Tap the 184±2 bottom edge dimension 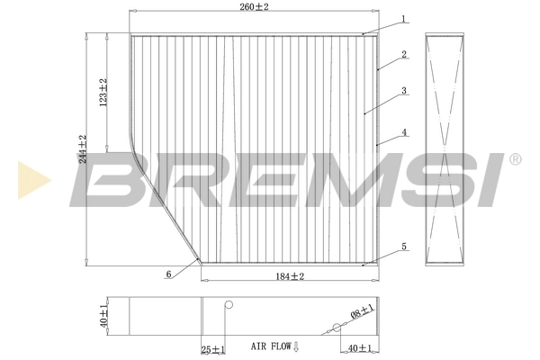(x=288, y=276)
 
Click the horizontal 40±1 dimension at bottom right (x=358, y=346)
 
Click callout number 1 (x=405, y=18)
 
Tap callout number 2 (x=405, y=54)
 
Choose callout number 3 (x=405, y=91)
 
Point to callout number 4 (x=405, y=132)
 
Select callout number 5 (x=405, y=247)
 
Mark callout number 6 (x=167, y=274)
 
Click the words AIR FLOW (x=270, y=346)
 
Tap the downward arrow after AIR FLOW (x=296, y=346)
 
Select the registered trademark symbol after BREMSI (x=514, y=159)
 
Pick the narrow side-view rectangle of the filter (x=445, y=148)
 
